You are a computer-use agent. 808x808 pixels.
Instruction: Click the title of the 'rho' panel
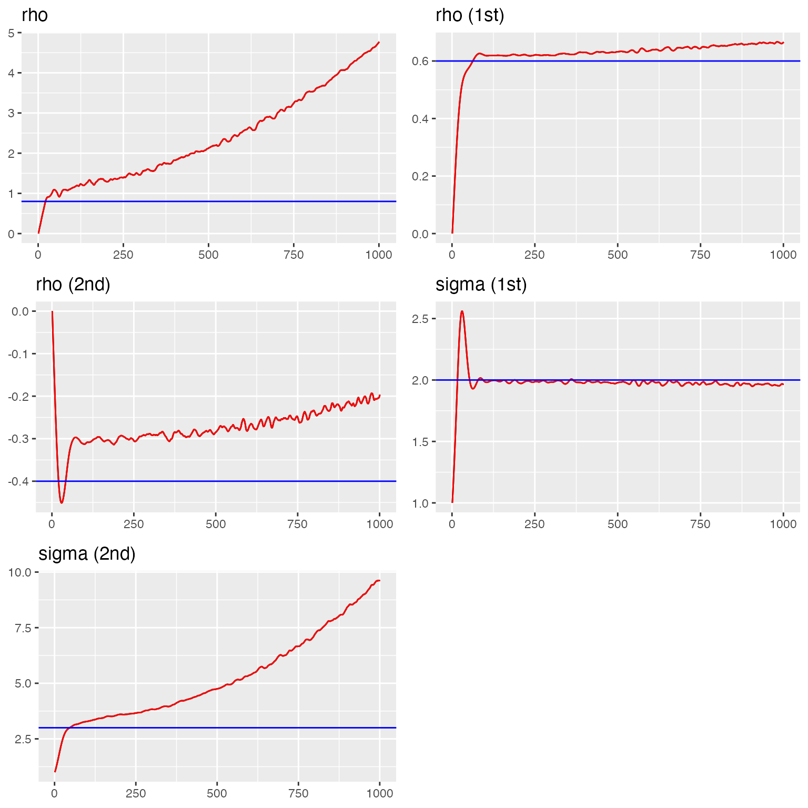pyautogui.click(x=35, y=15)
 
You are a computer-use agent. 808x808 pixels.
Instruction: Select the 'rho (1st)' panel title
pyautogui.click(x=470, y=15)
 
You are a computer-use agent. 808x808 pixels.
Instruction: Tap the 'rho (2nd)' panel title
pyautogui.click(x=73, y=285)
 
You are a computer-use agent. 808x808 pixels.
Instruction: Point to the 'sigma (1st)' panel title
pyautogui.click(x=481, y=285)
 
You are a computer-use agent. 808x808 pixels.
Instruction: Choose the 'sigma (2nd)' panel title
pyautogui.click(x=87, y=554)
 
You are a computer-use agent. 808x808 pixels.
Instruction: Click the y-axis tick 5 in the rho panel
pyautogui.click(x=11, y=33)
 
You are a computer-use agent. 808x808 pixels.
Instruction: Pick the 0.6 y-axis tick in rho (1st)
pyautogui.click(x=421, y=61)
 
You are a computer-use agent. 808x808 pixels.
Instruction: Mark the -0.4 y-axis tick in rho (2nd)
pyautogui.click(x=18, y=481)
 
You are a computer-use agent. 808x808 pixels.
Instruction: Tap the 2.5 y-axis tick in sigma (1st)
pyautogui.click(x=421, y=319)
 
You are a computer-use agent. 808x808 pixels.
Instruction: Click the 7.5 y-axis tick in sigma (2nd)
pyautogui.click(x=21, y=628)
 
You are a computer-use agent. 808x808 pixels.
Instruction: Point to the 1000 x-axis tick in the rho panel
pyautogui.click(x=379, y=255)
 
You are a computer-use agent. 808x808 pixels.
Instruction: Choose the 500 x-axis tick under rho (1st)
pyautogui.click(x=618, y=255)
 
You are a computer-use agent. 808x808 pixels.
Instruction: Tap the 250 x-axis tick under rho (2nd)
pyautogui.click(x=134, y=524)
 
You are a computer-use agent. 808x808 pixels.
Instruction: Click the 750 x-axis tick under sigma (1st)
pyautogui.click(x=700, y=524)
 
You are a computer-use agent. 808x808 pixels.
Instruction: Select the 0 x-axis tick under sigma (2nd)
pyautogui.click(x=55, y=794)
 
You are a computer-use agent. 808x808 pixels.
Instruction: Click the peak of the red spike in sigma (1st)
pyautogui.click(x=462, y=311)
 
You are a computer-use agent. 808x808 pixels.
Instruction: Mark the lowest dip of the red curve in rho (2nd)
pyautogui.click(x=62, y=503)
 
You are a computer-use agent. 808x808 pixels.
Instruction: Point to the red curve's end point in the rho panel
pyautogui.click(x=379, y=42)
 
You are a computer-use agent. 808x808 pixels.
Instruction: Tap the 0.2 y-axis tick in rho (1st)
pyautogui.click(x=421, y=176)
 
